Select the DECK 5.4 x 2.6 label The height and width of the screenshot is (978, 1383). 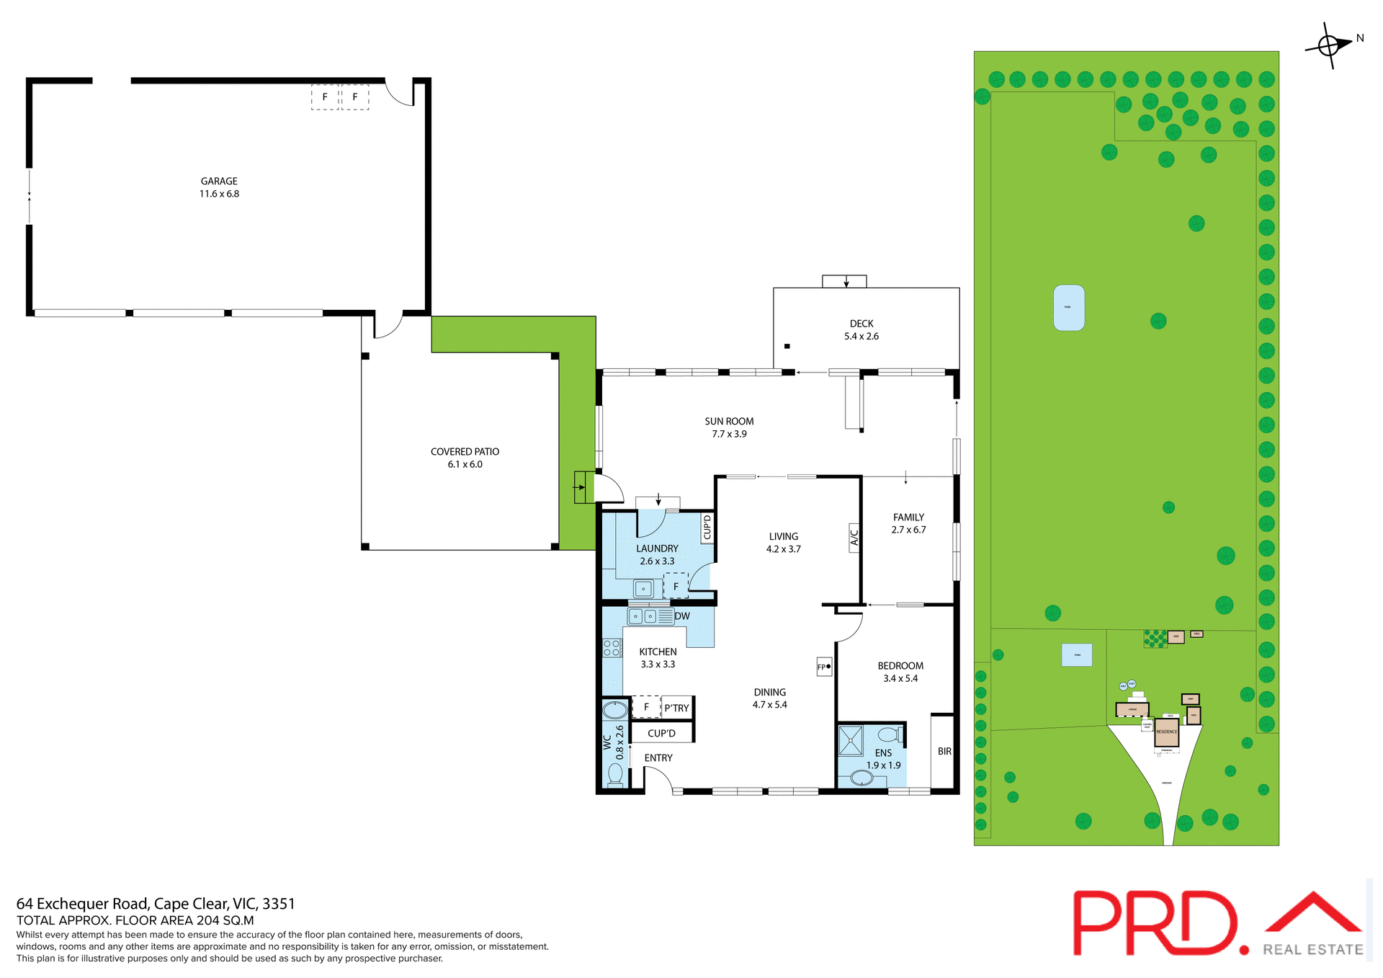[861, 330]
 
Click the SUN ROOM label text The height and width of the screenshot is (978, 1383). [729, 422]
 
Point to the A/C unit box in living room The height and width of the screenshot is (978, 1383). [854, 538]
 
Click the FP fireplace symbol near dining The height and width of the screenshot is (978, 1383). [824, 667]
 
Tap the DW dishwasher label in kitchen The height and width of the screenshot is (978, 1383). [682, 616]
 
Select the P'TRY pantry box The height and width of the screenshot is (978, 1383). [676, 708]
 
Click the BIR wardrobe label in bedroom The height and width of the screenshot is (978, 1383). [944, 751]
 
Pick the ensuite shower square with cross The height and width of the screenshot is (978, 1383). [851, 741]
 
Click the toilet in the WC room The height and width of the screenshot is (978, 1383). [615, 774]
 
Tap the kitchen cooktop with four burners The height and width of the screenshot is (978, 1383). [612, 648]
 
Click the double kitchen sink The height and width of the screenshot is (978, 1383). [643, 616]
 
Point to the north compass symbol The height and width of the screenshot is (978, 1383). [1330, 45]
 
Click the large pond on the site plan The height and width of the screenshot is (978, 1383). [1069, 308]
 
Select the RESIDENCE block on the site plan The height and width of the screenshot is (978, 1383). [1166, 732]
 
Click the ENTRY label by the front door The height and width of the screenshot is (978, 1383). [658, 758]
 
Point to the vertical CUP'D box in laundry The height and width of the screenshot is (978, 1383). [707, 527]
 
